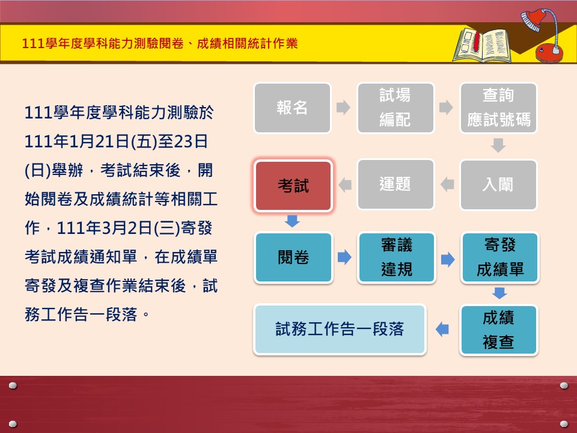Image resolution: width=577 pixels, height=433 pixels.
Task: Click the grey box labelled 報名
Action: point(292,108)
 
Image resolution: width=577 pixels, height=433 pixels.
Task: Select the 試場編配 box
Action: point(395,108)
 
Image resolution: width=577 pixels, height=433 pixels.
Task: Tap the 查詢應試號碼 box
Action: point(498,108)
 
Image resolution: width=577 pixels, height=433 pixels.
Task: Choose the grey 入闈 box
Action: point(498,185)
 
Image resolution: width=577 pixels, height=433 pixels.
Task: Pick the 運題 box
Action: point(395,185)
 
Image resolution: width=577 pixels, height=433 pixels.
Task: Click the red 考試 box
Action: point(293,186)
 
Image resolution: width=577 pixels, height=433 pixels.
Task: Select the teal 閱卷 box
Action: point(293,257)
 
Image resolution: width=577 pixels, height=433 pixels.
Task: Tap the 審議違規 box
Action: point(396,257)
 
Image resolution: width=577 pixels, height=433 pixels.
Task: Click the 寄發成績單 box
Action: point(499,257)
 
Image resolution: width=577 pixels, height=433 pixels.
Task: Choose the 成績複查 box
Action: point(499,330)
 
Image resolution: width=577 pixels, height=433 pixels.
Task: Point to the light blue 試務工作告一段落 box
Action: point(340,330)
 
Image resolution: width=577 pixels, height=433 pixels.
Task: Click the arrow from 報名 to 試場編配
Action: point(343,108)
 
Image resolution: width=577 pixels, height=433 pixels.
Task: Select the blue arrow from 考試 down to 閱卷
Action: point(292,221)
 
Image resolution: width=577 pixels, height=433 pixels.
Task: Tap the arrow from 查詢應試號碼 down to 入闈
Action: point(498,146)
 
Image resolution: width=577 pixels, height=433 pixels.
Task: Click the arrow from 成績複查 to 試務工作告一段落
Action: point(442,329)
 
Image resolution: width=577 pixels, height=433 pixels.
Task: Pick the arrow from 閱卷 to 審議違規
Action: point(344,257)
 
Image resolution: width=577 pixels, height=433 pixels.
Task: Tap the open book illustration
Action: point(483,45)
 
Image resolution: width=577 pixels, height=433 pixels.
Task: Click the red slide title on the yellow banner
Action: point(160,43)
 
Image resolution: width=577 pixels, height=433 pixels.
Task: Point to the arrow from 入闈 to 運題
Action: point(447,185)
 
